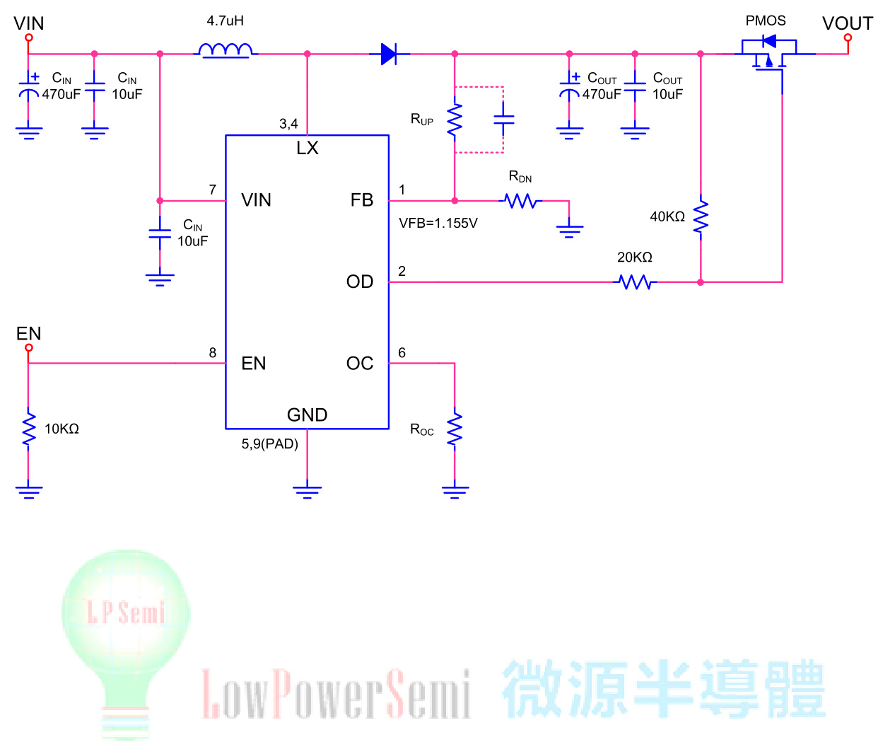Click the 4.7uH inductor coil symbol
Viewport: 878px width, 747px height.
tap(225, 50)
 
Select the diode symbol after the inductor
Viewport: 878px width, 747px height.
tap(388, 54)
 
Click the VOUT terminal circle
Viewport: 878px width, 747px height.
tap(848, 38)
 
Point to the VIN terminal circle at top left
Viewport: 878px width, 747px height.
tap(28, 37)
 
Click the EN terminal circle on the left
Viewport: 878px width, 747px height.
tap(28, 347)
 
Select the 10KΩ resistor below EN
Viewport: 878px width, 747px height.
tap(28, 429)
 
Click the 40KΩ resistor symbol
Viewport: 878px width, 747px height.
tap(700, 217)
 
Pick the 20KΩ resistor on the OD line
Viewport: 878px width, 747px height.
tap(635, 282)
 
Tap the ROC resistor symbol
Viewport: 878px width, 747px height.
tap(455, 429)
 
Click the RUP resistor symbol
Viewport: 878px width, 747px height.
tap(455, 120)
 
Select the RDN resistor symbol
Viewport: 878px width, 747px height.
tap(521, 201)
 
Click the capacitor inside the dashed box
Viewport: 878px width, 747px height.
tap(503, 120)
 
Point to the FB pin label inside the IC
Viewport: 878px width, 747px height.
tap(361, 200)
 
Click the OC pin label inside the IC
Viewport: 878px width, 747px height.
tap(359, 364)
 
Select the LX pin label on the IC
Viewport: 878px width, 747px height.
tap(307, 148)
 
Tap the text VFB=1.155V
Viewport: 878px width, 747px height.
tap(438, 224)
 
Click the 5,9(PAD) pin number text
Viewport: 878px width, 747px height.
tap(270, 444)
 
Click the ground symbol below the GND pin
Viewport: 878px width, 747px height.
tap(307, 490)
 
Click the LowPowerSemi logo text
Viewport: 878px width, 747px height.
tap(336, 693)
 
